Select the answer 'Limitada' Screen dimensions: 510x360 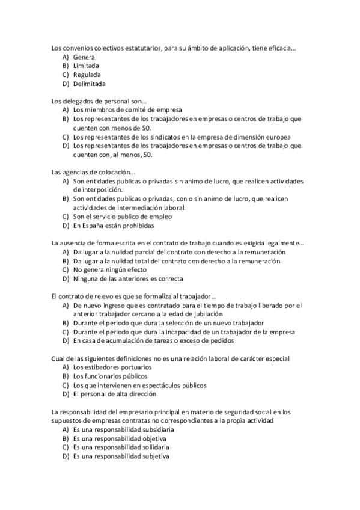[x=86, y=66]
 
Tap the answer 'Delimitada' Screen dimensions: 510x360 [x=89, y=84]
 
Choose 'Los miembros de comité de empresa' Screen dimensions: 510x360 [x=124, y=110]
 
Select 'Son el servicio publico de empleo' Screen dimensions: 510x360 [x=122, y=217]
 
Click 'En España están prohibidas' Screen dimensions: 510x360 [x=114, y=226]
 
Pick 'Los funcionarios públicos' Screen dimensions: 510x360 [x=110, y=376]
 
